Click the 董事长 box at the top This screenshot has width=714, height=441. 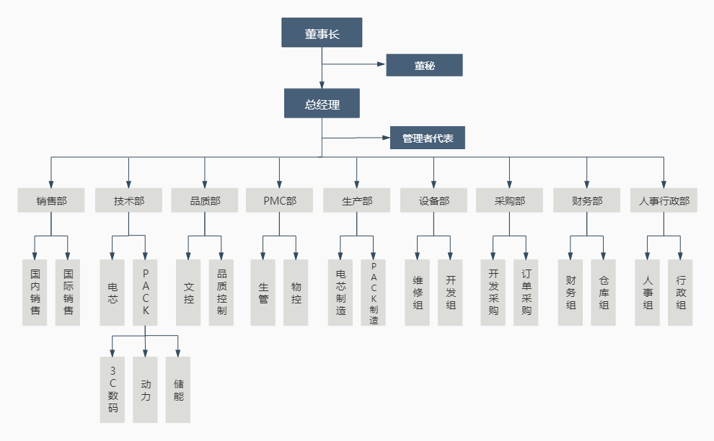pyautogui.click(x=321, y=33)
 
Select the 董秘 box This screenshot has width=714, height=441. pyautogui.click(x=424, y=65)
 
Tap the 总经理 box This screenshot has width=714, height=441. pyautogui.click(x=322, y=104)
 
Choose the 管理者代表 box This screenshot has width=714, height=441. pyautogui.click(x=428, y=138)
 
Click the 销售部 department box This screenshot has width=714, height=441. pyautogui.click(x=51, y=200)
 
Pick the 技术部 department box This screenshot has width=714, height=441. pyautogui.click(x=128, y=200)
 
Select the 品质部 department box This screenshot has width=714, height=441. pyautogui.click(x=205, y=200)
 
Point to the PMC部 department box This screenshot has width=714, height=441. pyautogui.click(x=279, y=200)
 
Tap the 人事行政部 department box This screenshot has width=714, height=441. pyautogui.click(x=664, y=200)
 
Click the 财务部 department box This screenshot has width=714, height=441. pyautogui.click(x=586, y=200)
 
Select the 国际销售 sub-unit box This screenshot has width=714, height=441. pyautogui.click(x=69, y=293)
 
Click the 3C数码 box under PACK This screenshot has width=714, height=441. pyautogui.click(x=113, y=390)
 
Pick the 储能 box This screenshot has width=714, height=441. pyautogui.click(x=178, y=390)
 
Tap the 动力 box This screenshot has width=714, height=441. pyautogui.click(x=146, y=390)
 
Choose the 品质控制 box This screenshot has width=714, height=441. pyautogui.click(x=221, y=293)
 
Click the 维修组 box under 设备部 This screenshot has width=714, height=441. pyautogui.click(x=417, y=293)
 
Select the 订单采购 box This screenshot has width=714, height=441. pyautogui.click(x=526, y=293)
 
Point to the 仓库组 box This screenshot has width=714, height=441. pyautogui.click(x=603, y=293)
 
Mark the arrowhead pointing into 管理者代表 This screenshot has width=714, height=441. pyautogui.click(x=386, y=138)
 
